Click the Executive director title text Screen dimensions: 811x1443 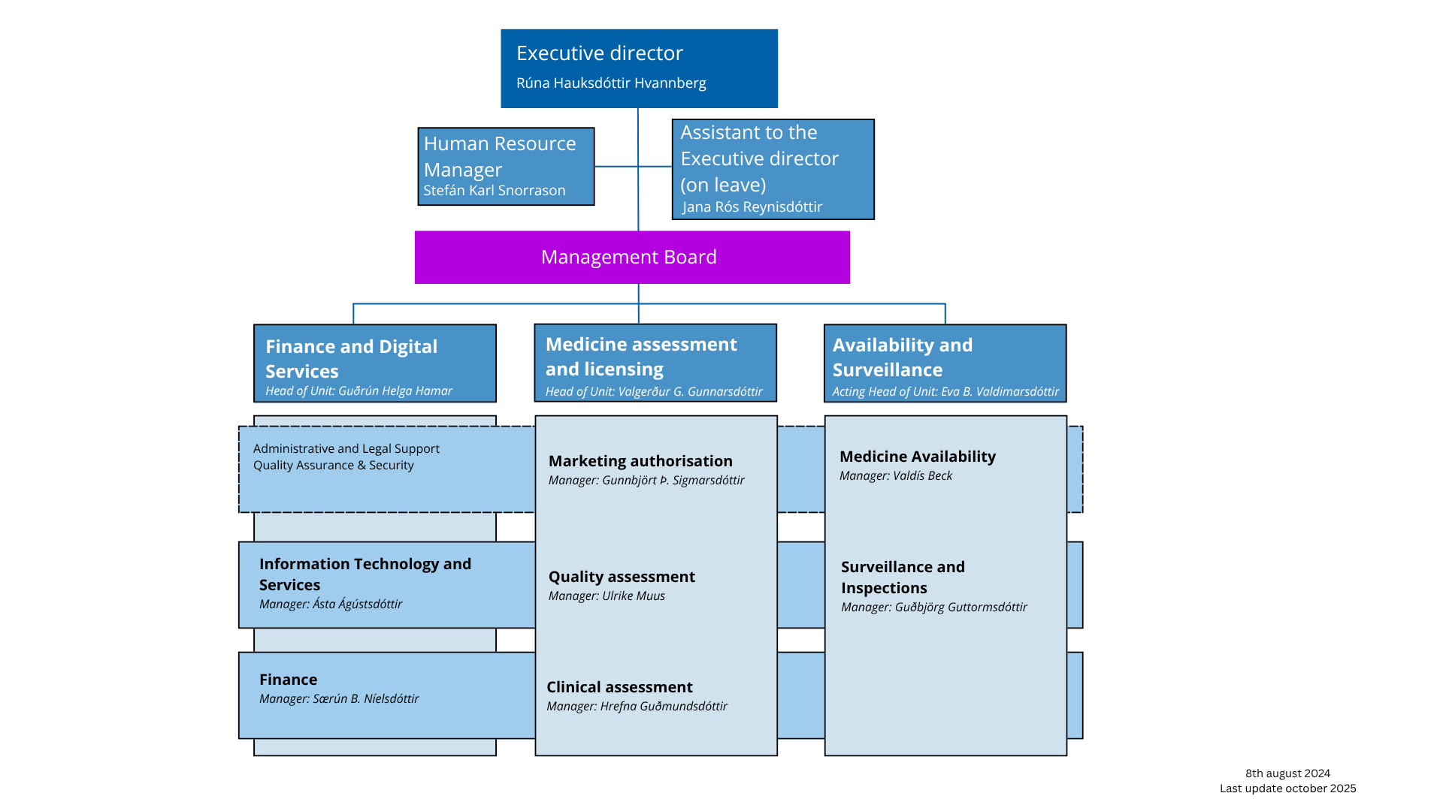click(x=599, y=53)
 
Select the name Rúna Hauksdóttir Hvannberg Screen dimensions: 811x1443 click(x=610, y=83)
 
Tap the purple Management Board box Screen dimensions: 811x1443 click(x=631, y=258)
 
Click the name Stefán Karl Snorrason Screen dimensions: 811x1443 click(x=494, y=191)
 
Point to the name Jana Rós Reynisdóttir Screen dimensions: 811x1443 click(x=752, y=207)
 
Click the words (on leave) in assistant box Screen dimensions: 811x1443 click(x=722, y=185)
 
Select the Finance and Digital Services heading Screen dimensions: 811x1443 click(x=351, y=358)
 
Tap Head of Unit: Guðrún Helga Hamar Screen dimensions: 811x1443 click(x=358, y=391)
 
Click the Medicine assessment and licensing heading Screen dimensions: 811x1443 click(x=640, y=357)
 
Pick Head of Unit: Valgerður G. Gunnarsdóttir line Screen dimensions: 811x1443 click(x=653, y=392)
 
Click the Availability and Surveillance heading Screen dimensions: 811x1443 click(x=902, y=357)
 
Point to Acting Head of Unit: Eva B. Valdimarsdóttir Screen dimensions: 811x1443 click(x=945, y=392)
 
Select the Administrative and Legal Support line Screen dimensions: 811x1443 click(x=346, y=449)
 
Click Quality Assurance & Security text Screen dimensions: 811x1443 click(x=333, y=466)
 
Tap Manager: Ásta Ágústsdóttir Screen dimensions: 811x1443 click(x=330, y=604)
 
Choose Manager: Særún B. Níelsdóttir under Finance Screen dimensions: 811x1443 click(x=338, y=699)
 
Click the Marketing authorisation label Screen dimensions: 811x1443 click(x=640, y=461)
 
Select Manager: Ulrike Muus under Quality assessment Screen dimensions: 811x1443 click(x=606, y=596)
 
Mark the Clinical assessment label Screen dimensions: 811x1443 click(x=619, y=687)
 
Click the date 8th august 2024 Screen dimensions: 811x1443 click(x=1287, y=773)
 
